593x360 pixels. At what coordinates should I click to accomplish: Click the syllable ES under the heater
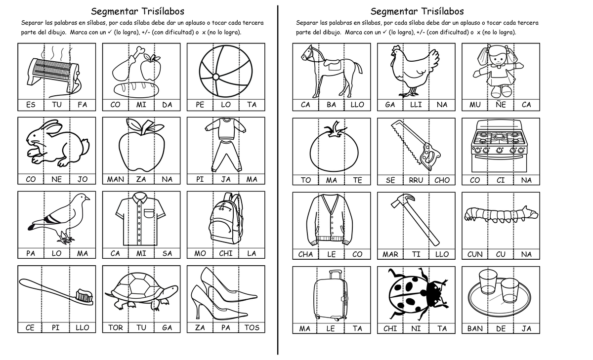pos(31,105)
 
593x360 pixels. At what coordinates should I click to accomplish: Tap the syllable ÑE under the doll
pos(501,105)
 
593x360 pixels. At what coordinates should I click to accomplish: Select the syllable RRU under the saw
pos(416,180)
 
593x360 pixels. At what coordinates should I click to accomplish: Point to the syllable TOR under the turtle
pos(116,327)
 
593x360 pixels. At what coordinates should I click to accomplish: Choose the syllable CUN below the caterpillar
pos(475,254)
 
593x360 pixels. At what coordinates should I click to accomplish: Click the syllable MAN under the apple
pos(116,179)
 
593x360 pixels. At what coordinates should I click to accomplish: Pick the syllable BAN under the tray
pos(475,328)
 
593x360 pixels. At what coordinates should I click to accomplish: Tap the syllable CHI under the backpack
pos(226,253)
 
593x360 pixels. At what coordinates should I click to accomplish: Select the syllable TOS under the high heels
pos(252,327)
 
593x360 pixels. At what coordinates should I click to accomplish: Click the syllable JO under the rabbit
pos(82,179)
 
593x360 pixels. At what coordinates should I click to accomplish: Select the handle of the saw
pos(425,155)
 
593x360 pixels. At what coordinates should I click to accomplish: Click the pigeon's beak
pos(88,199)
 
